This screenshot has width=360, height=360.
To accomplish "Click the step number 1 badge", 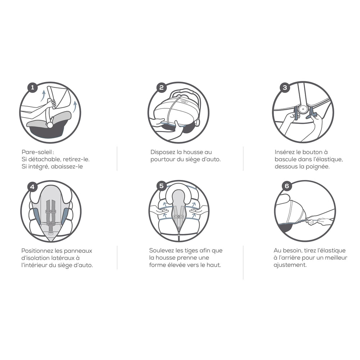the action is click(x=32, y=87).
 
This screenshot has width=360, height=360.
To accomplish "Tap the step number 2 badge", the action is click(x=161, y=87).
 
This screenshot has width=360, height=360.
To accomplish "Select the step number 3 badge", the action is click(x=285, y=87).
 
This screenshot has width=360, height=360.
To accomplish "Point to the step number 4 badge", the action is click(x=32, y=186).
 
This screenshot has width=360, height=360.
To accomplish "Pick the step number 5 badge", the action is click(x=161, y=186).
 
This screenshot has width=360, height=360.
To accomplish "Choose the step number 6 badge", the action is click(x=287, y=186).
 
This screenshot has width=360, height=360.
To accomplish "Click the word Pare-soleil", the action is click(x=37, y=152).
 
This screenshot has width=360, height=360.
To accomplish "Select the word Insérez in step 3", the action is click(x=284, y=152).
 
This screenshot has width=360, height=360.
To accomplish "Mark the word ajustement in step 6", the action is click(x=290, y=265).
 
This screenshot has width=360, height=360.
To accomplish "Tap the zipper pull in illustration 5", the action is click(x=179, y=235).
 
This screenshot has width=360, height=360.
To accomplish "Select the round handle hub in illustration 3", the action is click(x=303, y=110).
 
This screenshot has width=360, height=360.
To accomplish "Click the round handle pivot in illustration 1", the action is click(x=50, y=125).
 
